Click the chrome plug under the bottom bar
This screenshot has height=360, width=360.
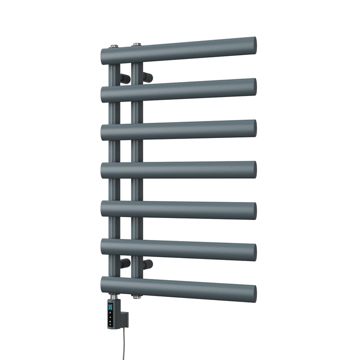[136, 296]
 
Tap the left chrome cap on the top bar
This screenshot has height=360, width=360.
[114, 46]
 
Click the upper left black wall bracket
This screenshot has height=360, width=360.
[125, 78]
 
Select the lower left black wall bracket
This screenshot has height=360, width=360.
[125, 263]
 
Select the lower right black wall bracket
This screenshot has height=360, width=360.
[147, 263]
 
